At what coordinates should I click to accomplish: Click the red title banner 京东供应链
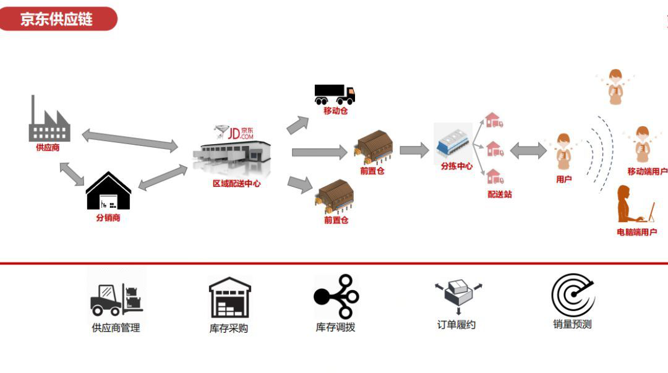coord(57,19)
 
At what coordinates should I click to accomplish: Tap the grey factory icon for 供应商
coord(49,120)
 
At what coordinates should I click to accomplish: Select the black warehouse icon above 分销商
coord(108,191)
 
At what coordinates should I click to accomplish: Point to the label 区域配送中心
coord(236,184)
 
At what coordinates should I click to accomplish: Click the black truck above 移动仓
coord(335,95)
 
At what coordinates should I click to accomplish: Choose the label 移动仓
coord(336,111)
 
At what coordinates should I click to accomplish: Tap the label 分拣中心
coord(456,166)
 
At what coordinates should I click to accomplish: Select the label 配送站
coord(500,194)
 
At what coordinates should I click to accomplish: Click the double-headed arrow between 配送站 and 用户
coord(528,150)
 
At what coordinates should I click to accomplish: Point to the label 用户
coord(563,179)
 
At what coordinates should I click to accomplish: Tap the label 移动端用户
coord(647,171)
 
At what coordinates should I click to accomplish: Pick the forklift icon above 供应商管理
coord(116,299)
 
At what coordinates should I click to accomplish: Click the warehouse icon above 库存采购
coord(229,298)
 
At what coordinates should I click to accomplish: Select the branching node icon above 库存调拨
coord(336,297)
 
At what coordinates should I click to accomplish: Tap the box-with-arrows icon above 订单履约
coord(458,296)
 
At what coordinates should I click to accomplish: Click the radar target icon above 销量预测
coord(573,294)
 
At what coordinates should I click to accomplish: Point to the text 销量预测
coord(572,324)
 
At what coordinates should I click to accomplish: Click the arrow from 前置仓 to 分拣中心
coord(414,150)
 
